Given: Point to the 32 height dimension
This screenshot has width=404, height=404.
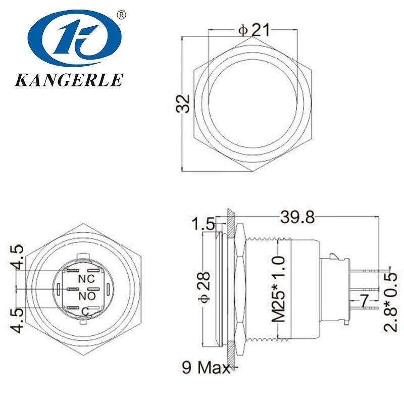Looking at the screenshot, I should [x=185, y=103].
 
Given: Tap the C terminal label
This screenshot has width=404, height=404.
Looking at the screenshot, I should [x=85, y=310].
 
